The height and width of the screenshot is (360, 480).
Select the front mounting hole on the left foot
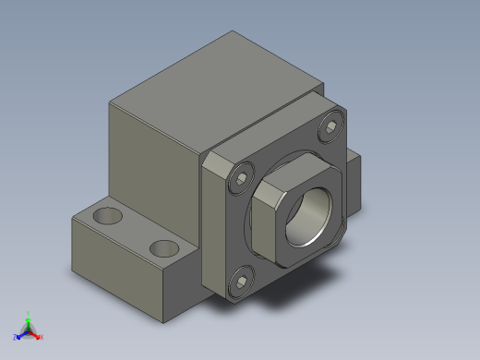click(x=163, y=247)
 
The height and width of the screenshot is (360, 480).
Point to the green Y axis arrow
click(x=28, y=322)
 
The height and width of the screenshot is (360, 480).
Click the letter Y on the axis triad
click(x=28, y=313)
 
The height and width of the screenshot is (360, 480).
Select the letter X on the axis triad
click(x=42, y=337)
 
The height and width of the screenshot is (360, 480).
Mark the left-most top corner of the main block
click(x=110, y=103)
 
